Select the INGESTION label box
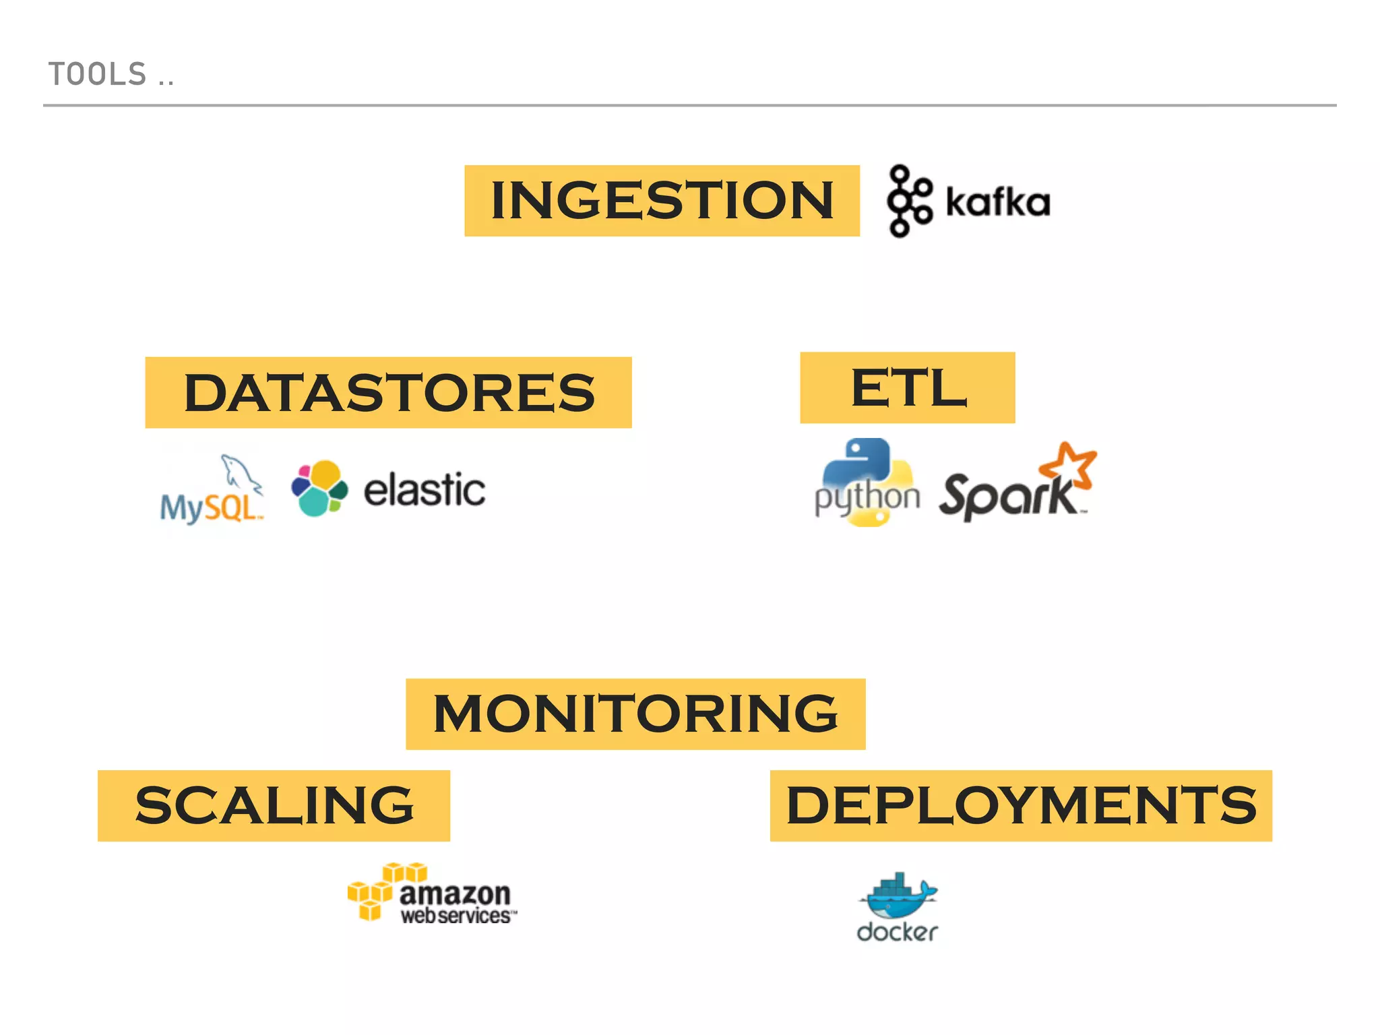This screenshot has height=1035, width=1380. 662,201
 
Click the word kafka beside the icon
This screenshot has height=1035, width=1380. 997,202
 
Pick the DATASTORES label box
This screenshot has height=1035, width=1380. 388,393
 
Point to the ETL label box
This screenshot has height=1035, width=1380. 907,387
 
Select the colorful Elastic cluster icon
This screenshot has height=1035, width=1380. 319,489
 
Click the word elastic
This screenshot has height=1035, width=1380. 424,490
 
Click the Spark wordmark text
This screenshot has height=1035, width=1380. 1007,497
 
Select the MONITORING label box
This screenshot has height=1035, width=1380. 635,714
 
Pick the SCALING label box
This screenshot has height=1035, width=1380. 274,806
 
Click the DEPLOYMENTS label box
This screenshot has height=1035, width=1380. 1021,806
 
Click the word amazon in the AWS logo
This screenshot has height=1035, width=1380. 455,894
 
